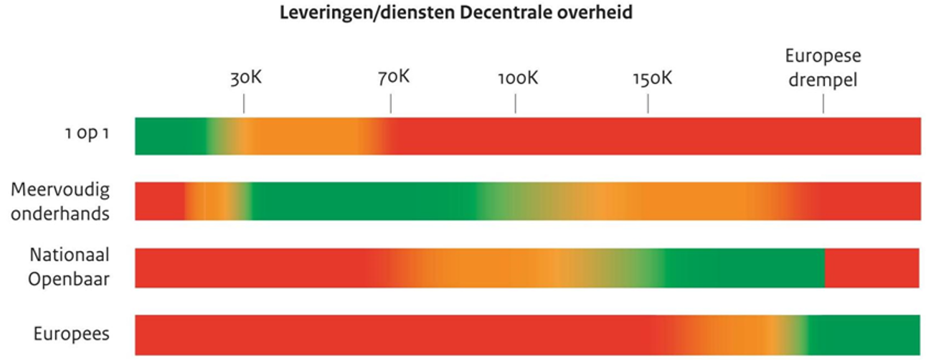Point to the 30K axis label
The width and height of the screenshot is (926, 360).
246,77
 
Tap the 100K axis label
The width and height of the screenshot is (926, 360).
517,77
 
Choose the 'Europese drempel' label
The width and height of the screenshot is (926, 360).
823,67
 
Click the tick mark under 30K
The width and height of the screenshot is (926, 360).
244,105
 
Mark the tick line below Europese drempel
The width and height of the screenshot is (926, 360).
823,105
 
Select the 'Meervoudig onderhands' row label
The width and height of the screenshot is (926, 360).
60,202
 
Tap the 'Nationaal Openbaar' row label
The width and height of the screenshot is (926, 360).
69,267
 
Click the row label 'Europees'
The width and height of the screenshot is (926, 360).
71,334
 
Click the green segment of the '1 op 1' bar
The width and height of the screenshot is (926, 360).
170,136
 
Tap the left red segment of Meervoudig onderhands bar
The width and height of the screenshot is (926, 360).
159,202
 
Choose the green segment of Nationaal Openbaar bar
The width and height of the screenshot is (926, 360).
746,268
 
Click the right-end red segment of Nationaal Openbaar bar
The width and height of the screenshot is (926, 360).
872,268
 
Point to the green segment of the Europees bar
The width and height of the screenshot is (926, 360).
865,334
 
